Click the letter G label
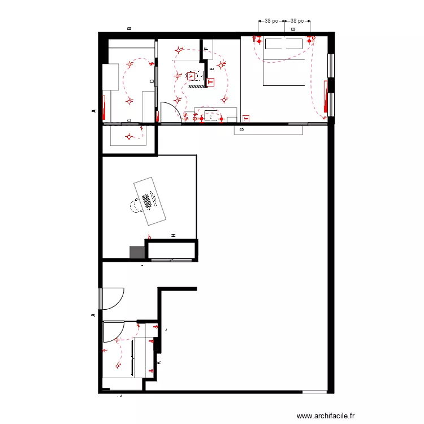(x=242, y=130)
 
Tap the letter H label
(x=174, y=235)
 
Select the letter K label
(x=158, y=362)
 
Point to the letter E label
(x=211, y=69)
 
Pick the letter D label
(x=152, y=81)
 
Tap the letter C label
(x=129, y=120)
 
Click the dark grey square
(x=137, y=253)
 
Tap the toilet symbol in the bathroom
(x=192, y=76)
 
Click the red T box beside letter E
(x=211, y=82)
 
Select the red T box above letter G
(x=246, y=119)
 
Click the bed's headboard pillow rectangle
(x=284, y=44)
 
